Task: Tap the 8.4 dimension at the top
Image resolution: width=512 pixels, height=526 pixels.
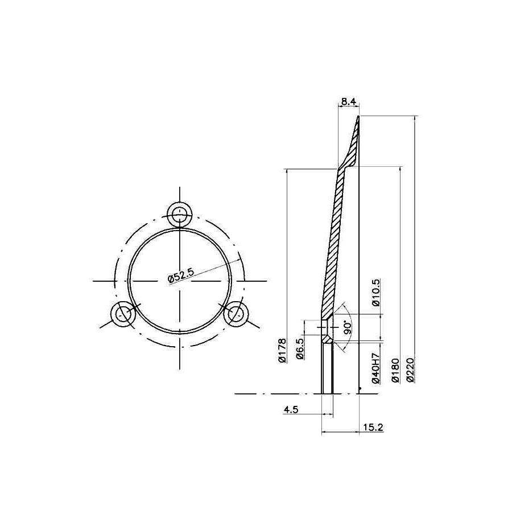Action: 348,102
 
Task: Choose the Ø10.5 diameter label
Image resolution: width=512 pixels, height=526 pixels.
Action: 375,293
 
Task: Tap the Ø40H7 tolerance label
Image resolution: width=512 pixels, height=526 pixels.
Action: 375,368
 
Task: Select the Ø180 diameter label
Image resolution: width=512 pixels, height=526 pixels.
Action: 395,370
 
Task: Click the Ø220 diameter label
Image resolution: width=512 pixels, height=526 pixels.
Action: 412,370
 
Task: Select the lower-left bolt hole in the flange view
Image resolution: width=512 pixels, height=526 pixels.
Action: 122,314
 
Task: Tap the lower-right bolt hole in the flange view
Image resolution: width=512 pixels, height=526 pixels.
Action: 237,314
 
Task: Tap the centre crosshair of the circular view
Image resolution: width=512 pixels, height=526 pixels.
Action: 180,281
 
